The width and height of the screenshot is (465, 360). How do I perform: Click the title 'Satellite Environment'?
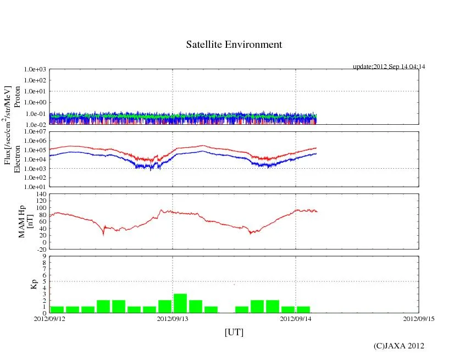click(234, 45)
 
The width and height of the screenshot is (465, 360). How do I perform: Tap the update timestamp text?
click(389, 67)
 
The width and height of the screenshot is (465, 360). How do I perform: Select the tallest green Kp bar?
click(180, 303)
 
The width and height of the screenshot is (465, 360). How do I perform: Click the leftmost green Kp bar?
click(57, 309)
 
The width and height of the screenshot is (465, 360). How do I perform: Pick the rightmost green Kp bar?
click(303, 309)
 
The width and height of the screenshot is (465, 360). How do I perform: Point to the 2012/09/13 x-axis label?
click(173, 318)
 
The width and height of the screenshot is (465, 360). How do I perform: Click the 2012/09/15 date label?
click(419, 318)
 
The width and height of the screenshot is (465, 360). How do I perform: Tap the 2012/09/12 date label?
click(49, 318)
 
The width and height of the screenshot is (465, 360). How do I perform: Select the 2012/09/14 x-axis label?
click(296, 318)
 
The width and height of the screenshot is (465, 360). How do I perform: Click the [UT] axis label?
click(234, 332)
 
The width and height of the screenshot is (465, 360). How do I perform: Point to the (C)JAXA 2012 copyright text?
click(399, 346)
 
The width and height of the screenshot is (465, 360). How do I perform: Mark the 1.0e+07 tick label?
click(37, 132)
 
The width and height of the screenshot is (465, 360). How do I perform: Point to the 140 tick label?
click(41, 195)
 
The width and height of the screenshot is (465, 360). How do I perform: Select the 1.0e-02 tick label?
click(37, 125)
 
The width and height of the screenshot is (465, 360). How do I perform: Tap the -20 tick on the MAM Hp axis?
click(41, 249)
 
